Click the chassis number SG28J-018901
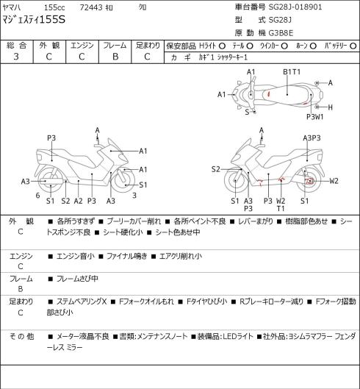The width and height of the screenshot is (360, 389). coord(295,7)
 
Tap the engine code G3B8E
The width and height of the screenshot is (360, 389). coord(281,33)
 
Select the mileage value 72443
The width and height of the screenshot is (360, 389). coord(91,7)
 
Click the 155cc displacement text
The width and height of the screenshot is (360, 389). coord(54,7)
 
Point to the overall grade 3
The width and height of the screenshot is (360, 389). coord(16,57)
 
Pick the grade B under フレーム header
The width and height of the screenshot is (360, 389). coord(115,57)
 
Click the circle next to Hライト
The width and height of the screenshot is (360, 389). coord(222,46)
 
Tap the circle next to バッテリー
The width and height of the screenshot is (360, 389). coord(353,46)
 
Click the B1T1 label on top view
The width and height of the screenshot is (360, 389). coord(292,72)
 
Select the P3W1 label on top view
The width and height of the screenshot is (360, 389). coord(315,117)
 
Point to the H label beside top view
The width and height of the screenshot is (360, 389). coord(330,107)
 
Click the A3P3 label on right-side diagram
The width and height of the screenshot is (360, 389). coord(312,138)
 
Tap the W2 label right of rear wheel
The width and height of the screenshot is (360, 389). coord(334,181)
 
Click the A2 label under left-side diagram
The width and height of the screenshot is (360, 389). coord(78,201)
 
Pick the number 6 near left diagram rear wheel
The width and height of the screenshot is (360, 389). coord(37,196)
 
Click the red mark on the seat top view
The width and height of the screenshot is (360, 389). coord(268,94)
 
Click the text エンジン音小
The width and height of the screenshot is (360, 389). coord(76,256)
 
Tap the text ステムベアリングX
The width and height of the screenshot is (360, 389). coord(82,301)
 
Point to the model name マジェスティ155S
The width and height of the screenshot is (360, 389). coord(34,20)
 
